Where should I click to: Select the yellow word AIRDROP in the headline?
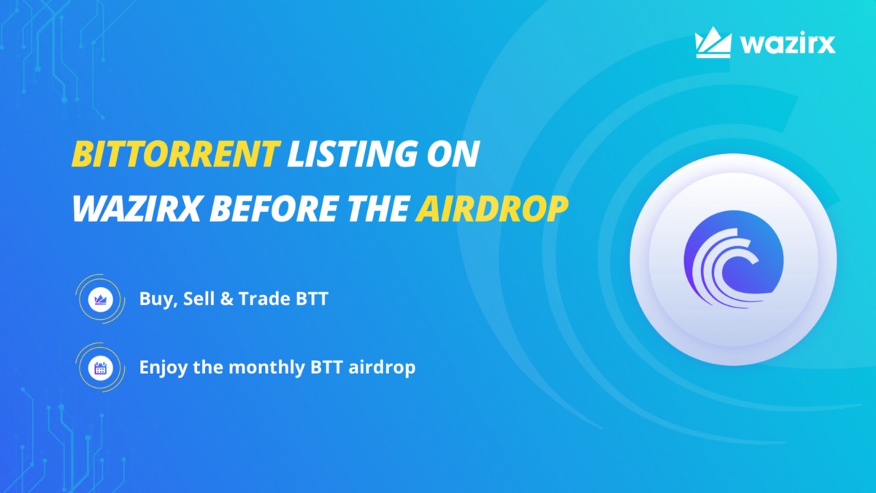click(x=491, y=210)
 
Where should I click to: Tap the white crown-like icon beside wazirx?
click(x=713, y=43)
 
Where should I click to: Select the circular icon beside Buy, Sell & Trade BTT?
click(x=98, y=299)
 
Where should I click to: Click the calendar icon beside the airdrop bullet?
click(x=98, y=367)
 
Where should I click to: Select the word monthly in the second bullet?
click(x=263, y=367)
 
